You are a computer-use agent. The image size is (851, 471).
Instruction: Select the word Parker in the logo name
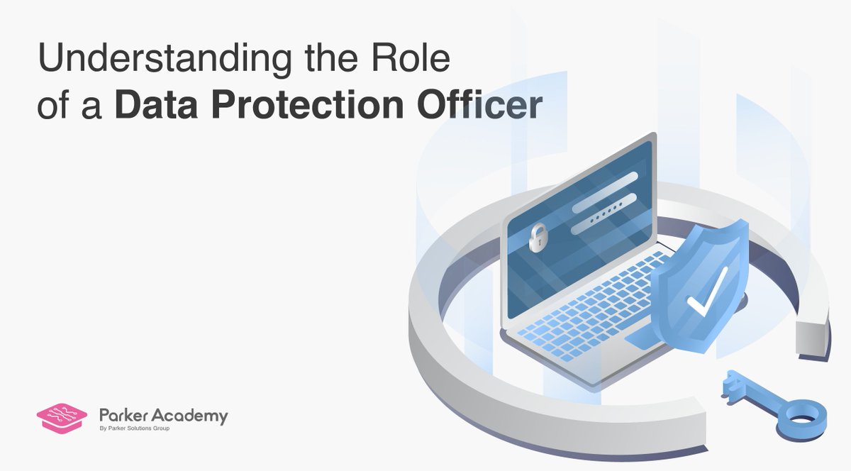click(122, 416)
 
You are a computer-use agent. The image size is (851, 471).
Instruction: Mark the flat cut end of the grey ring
click(812, 338)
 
